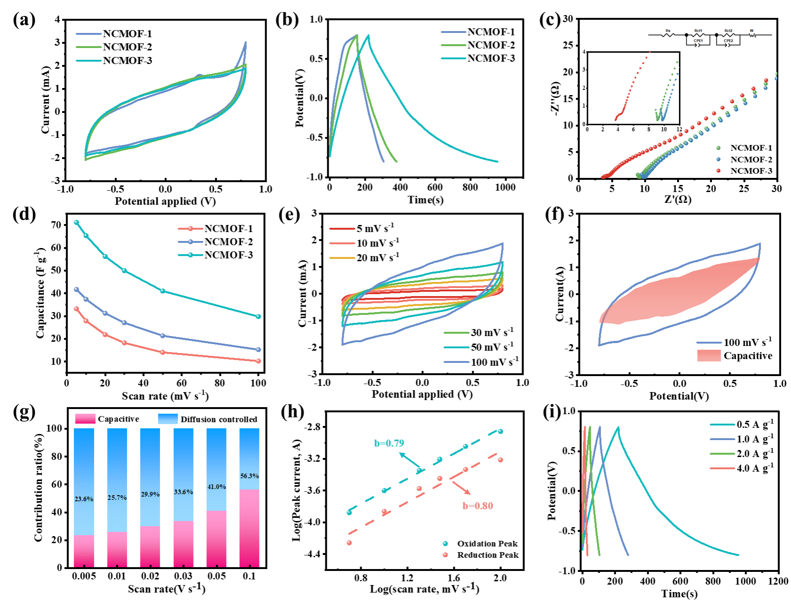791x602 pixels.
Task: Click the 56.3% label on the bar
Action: point(250,476)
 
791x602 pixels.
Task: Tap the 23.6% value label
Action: point(84,499)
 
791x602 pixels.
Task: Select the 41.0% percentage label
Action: point(217,487)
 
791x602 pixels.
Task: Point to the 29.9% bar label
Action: point(150,494)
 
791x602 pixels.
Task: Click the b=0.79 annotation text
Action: point(389,443)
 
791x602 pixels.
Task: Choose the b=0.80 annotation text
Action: point(478,506)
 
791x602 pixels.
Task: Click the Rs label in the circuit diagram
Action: point(668,31)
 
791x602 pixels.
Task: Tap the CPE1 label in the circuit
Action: point(698,41)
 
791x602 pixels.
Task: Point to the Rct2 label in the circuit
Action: point(728,31)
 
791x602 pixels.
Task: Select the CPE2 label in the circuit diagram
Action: point(728,41)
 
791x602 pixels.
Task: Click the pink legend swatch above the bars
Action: point(85,418)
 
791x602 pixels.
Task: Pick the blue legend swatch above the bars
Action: point(168,418)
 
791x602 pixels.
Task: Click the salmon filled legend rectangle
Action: point(709,355)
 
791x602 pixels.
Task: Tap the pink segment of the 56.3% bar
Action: point(250,527)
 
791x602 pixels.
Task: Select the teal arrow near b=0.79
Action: point(409,460)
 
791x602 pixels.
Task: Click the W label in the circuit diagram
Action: point(751,31)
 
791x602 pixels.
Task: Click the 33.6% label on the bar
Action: point(184,492)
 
